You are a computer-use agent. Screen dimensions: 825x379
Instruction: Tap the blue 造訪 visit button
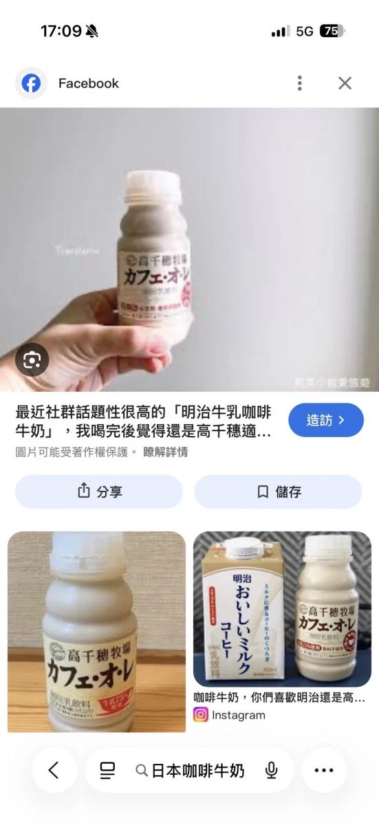[x=325, y=420]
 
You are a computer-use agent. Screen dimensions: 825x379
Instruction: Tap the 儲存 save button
[x=278, y=492]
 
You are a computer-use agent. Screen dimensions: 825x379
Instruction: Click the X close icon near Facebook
[x=345, y=83]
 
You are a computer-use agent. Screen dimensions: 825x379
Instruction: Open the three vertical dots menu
[x=299, y=83]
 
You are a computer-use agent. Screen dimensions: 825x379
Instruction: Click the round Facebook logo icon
[x=31, y=83]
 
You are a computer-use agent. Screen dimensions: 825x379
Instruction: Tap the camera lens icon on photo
[x=32, y=360]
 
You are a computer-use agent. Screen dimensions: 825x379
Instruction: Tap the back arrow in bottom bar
[x=54, y=770]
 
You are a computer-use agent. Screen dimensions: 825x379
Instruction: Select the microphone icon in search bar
[x=271, y=770]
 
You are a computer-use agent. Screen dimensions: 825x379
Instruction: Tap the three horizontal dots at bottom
[x=323, y=770]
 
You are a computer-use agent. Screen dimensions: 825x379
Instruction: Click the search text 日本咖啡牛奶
[x=197, y=770]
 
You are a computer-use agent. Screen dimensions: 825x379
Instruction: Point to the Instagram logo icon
[x=201, y=715]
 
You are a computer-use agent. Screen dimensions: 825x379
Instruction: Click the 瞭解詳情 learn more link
[x=165, y=452]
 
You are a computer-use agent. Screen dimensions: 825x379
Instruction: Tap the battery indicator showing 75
[x=332, y=31]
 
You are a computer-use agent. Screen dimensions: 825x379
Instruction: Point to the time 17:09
[x=61, y=31]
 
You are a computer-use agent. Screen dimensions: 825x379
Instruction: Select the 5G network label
[x=305, y=31]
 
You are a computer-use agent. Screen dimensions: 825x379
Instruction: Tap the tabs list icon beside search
[x=107, y=770]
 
